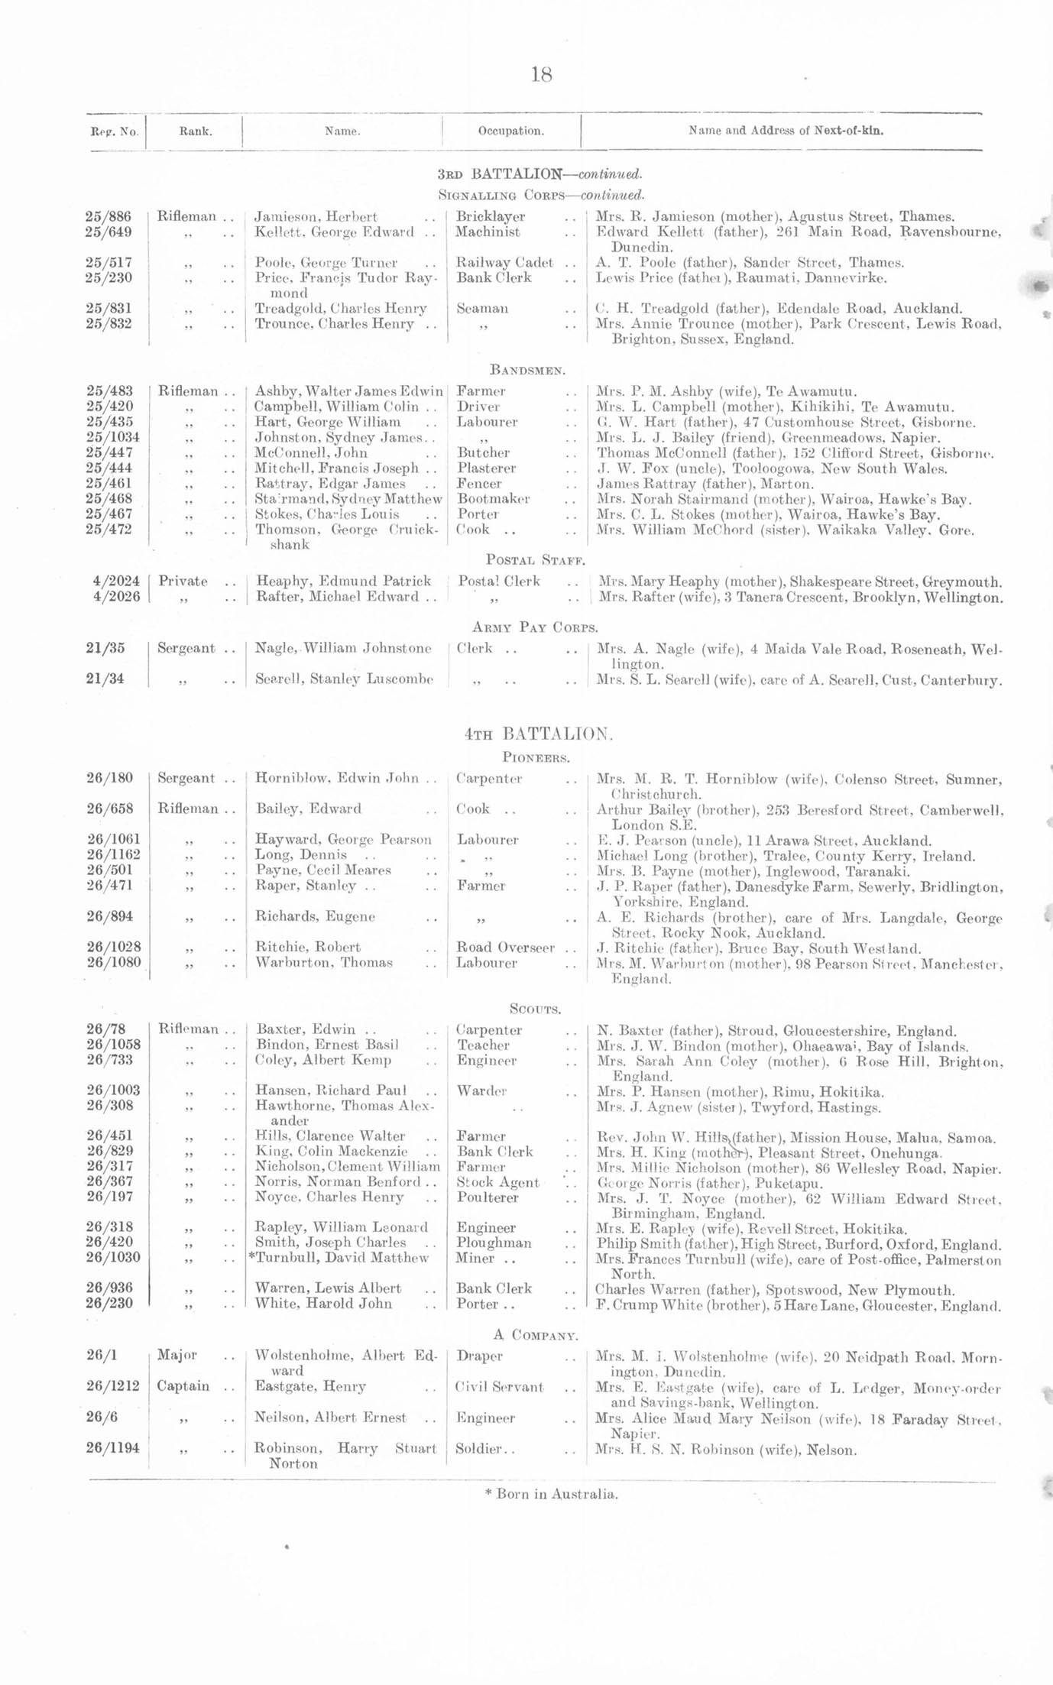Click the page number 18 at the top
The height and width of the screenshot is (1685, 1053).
[x=540, y=75]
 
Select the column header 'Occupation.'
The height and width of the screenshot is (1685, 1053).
[x=510, y=131]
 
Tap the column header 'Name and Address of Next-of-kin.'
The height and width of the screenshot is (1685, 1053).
[x=786, y=131]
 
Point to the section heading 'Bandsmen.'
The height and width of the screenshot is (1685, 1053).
[x=527, y=371]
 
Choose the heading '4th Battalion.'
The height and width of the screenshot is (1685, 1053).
[x=538, y=734]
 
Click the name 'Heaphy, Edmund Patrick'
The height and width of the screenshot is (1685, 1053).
[x=343, y=581]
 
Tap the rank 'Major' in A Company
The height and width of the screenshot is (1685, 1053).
[x=177, y=1355]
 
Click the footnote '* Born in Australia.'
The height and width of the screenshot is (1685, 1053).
[x=551, y=1494]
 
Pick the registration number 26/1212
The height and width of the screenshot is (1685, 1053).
[x=113, y=1385]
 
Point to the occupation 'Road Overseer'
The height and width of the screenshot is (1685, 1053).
[x=505, y=948]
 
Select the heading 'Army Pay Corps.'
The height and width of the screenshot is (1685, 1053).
[x=535, y=627]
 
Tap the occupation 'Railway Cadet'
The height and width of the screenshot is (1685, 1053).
[x=504, y=262]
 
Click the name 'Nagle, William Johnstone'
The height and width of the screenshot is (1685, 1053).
[x=343, y=648]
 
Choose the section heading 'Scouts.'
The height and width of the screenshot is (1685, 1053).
[x=536, y=1009]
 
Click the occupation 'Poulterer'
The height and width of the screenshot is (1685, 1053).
[x=487, y=1197]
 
